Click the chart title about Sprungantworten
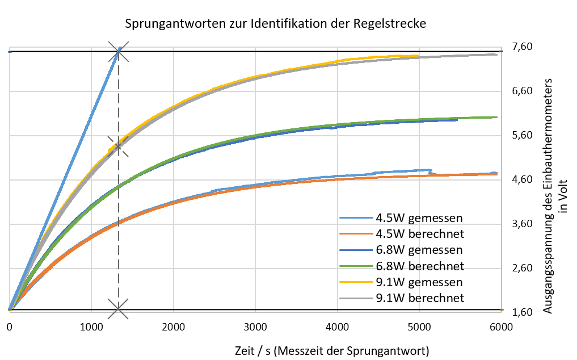(275, 24)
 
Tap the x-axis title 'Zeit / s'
(332, 350)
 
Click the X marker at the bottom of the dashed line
(118, 309)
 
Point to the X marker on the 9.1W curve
(118, 147)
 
